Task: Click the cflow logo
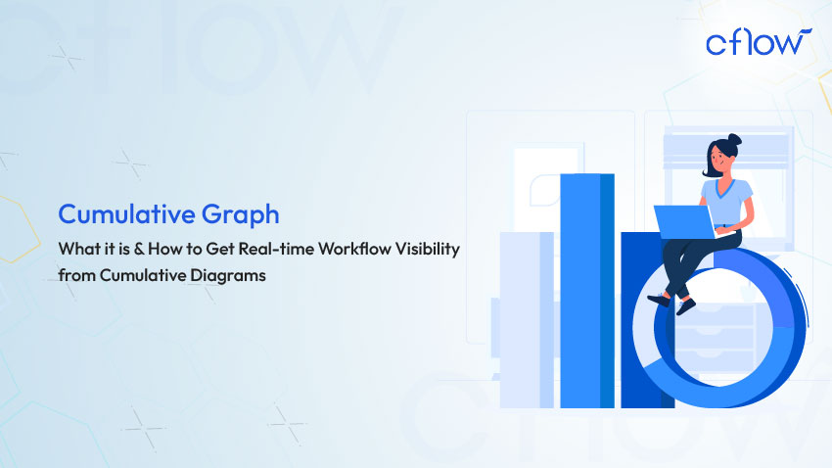[x=758, y=43]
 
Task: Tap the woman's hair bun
[x=734, y=141]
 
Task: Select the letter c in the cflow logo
[x=716, y=44]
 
